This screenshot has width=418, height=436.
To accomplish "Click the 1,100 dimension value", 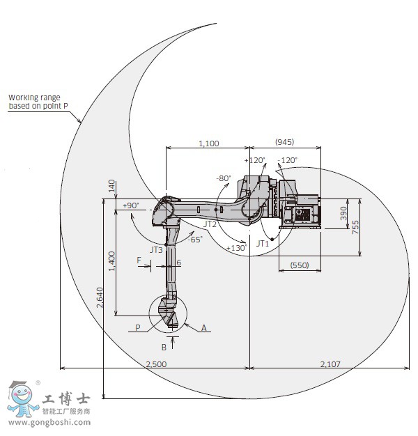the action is tap(208, 143).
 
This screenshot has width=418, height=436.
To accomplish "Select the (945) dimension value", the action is tap(284, 142).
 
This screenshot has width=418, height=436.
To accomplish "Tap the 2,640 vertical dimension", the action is tap(100, 297).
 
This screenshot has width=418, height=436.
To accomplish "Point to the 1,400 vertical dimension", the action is tap(111, 260).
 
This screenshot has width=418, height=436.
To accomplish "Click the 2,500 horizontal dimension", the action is tap(156, 364).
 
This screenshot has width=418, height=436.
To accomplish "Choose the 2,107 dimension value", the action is tap(330, 364).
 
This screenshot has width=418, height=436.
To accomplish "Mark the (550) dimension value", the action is tap(300, 265).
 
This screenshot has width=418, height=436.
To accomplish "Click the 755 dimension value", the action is tap(355, 227).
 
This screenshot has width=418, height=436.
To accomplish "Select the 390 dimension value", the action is tap(343, 213).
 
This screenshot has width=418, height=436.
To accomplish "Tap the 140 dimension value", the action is tap(111, 186).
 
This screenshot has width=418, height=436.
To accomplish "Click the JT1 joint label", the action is tap(263, 244).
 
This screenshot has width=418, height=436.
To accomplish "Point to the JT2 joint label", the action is tap(210, 224).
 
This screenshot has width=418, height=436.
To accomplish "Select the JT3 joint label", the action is tap(156, 250).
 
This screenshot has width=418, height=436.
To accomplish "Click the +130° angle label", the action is tap(236, 248).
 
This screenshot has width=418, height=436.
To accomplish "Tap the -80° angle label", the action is tap(224, 178).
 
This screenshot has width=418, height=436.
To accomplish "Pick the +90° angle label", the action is tap(131, 205).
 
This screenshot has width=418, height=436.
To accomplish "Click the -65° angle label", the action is tap(195, 240).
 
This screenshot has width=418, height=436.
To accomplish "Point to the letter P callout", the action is tap(138, 327).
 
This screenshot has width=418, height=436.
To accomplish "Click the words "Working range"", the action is tap(34, 98).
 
